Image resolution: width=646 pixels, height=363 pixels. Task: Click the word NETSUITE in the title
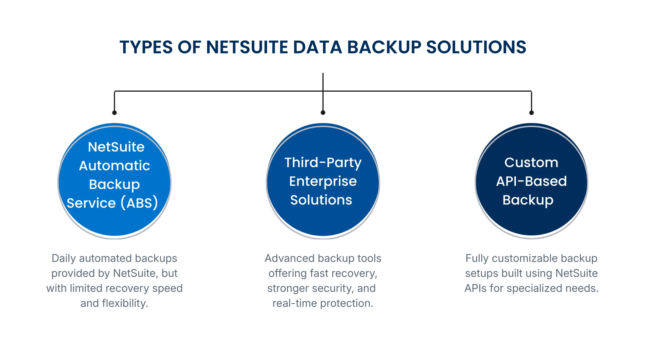(x=247, y=47)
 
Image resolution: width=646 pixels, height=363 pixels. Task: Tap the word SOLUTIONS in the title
(x=476, y=47)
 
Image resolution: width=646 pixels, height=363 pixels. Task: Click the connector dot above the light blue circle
(x=114, y=113)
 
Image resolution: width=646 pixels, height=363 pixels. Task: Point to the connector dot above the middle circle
(x=323, y=113)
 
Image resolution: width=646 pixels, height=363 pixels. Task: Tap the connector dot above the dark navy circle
(x=532, y=113)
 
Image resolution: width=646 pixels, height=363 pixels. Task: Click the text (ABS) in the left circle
(x=139, y=203)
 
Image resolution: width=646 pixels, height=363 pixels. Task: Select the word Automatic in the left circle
(x=114, y=166)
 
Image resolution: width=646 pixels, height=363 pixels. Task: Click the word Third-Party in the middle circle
(x=323, y=162)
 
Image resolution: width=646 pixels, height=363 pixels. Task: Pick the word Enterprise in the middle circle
(x=323, y=181)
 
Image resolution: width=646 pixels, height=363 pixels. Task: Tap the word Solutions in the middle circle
(x=321, y=200)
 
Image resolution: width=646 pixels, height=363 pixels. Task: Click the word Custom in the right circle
(x=531, y=162)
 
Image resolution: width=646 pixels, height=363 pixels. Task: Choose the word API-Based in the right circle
(x=532, y=181)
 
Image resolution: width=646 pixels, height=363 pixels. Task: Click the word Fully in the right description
(x=477, y=258)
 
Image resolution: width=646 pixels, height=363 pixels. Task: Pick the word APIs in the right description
(x=476, y=288)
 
